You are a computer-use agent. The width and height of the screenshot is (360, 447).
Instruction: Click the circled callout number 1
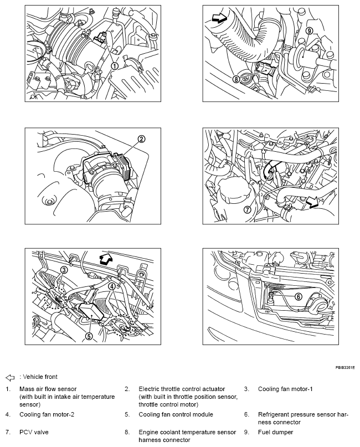click(115, 65)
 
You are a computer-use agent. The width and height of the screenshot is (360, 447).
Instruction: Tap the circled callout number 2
click(141, 139)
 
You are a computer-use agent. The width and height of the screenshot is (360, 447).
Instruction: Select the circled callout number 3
click(64, 269)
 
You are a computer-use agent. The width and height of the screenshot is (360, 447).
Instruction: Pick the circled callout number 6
click(298, 297)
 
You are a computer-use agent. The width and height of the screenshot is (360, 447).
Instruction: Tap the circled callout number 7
click(247, 210)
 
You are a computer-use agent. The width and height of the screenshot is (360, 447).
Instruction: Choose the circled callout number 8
click(236, 79)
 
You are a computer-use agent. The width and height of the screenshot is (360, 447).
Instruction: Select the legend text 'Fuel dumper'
click(275, 431)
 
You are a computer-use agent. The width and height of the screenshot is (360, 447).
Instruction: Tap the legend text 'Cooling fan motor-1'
click(285, 389)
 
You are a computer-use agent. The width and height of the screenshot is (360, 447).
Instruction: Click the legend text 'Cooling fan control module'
click(176, 414)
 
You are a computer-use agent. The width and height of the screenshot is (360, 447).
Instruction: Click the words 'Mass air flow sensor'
click(48, 389)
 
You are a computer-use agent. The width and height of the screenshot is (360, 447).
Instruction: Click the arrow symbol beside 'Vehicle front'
click(9, 377)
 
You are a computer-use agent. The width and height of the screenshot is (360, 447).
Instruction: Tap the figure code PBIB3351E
click(344, 367)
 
